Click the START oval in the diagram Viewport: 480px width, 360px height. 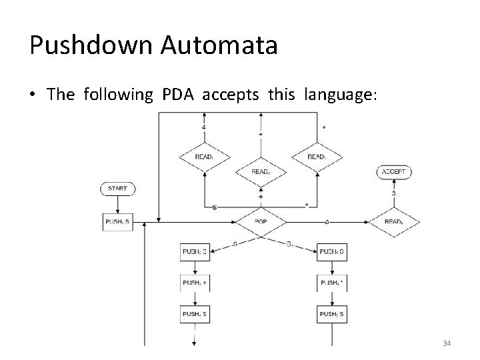click(117, 189)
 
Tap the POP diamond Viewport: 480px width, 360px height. click(261, 222)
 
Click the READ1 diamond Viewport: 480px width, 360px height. click(205, 157)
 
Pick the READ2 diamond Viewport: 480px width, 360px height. click(261, 172)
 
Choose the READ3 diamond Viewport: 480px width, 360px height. click(317, 157)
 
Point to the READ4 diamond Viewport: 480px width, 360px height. click(394, 222)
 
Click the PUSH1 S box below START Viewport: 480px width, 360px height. click(117, 222)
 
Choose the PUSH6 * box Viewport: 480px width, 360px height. click(332, 283)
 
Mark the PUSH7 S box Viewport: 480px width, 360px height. click(332, 313)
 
